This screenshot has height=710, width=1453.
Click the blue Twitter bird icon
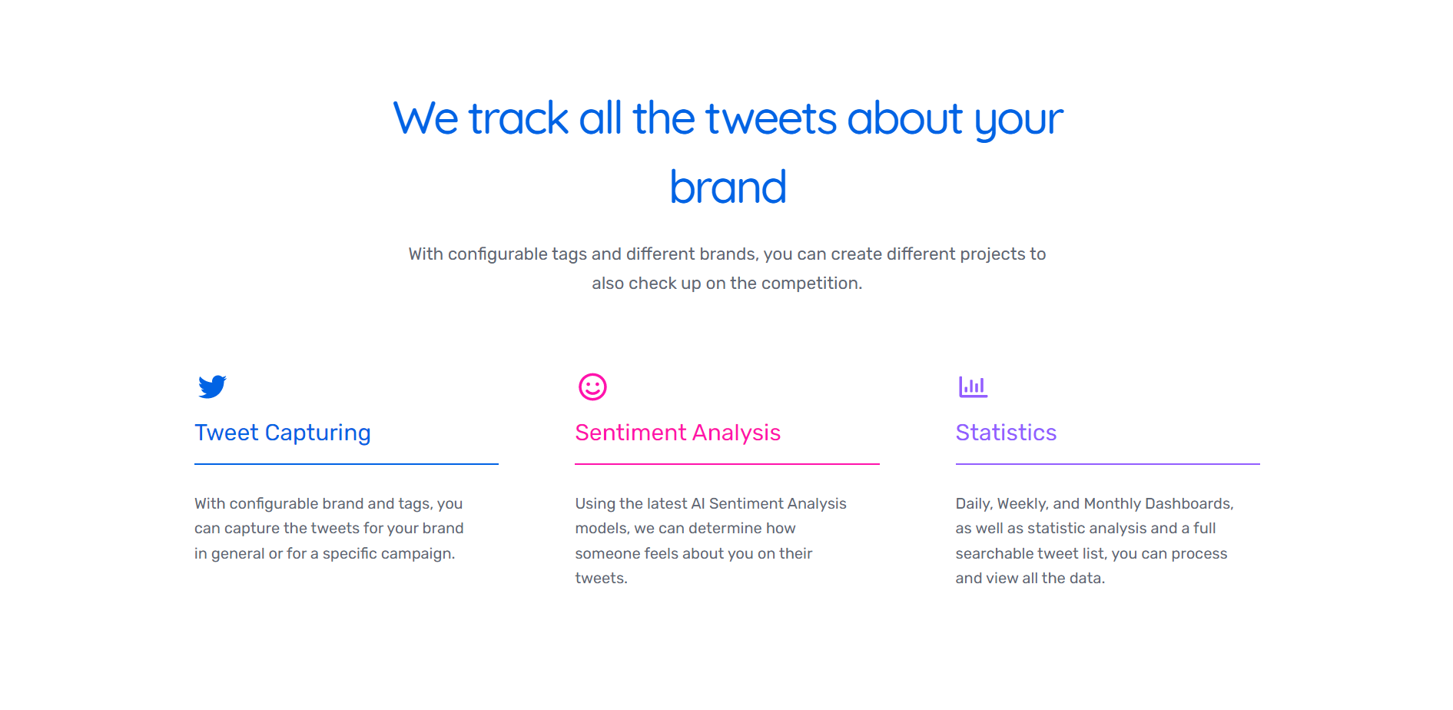click(x=212, y=387)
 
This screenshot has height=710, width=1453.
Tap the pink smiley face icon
click(x=592, y=387)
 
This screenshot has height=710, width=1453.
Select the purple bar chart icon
click(x=973, y=387)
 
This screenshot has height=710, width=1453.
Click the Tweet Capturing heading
click(x=282, y=433)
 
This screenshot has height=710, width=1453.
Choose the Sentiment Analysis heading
click(x=678, y=433)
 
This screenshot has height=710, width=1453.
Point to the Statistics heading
click(x=1006, y=433)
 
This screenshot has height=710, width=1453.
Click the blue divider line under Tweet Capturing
click(x=347, y=464)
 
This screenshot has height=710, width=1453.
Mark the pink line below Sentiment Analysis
click(x=727, y=464)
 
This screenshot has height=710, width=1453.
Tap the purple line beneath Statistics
click(x=1108, y=464)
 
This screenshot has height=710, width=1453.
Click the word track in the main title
click(x=519, y=119)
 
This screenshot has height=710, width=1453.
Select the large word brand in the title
click(x=728, y=187)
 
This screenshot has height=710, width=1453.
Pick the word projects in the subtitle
click(x=993, y=254)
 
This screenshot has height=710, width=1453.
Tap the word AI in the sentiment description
click(x=698, y=503)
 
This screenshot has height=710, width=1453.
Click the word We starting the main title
click(x=426, y=119)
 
